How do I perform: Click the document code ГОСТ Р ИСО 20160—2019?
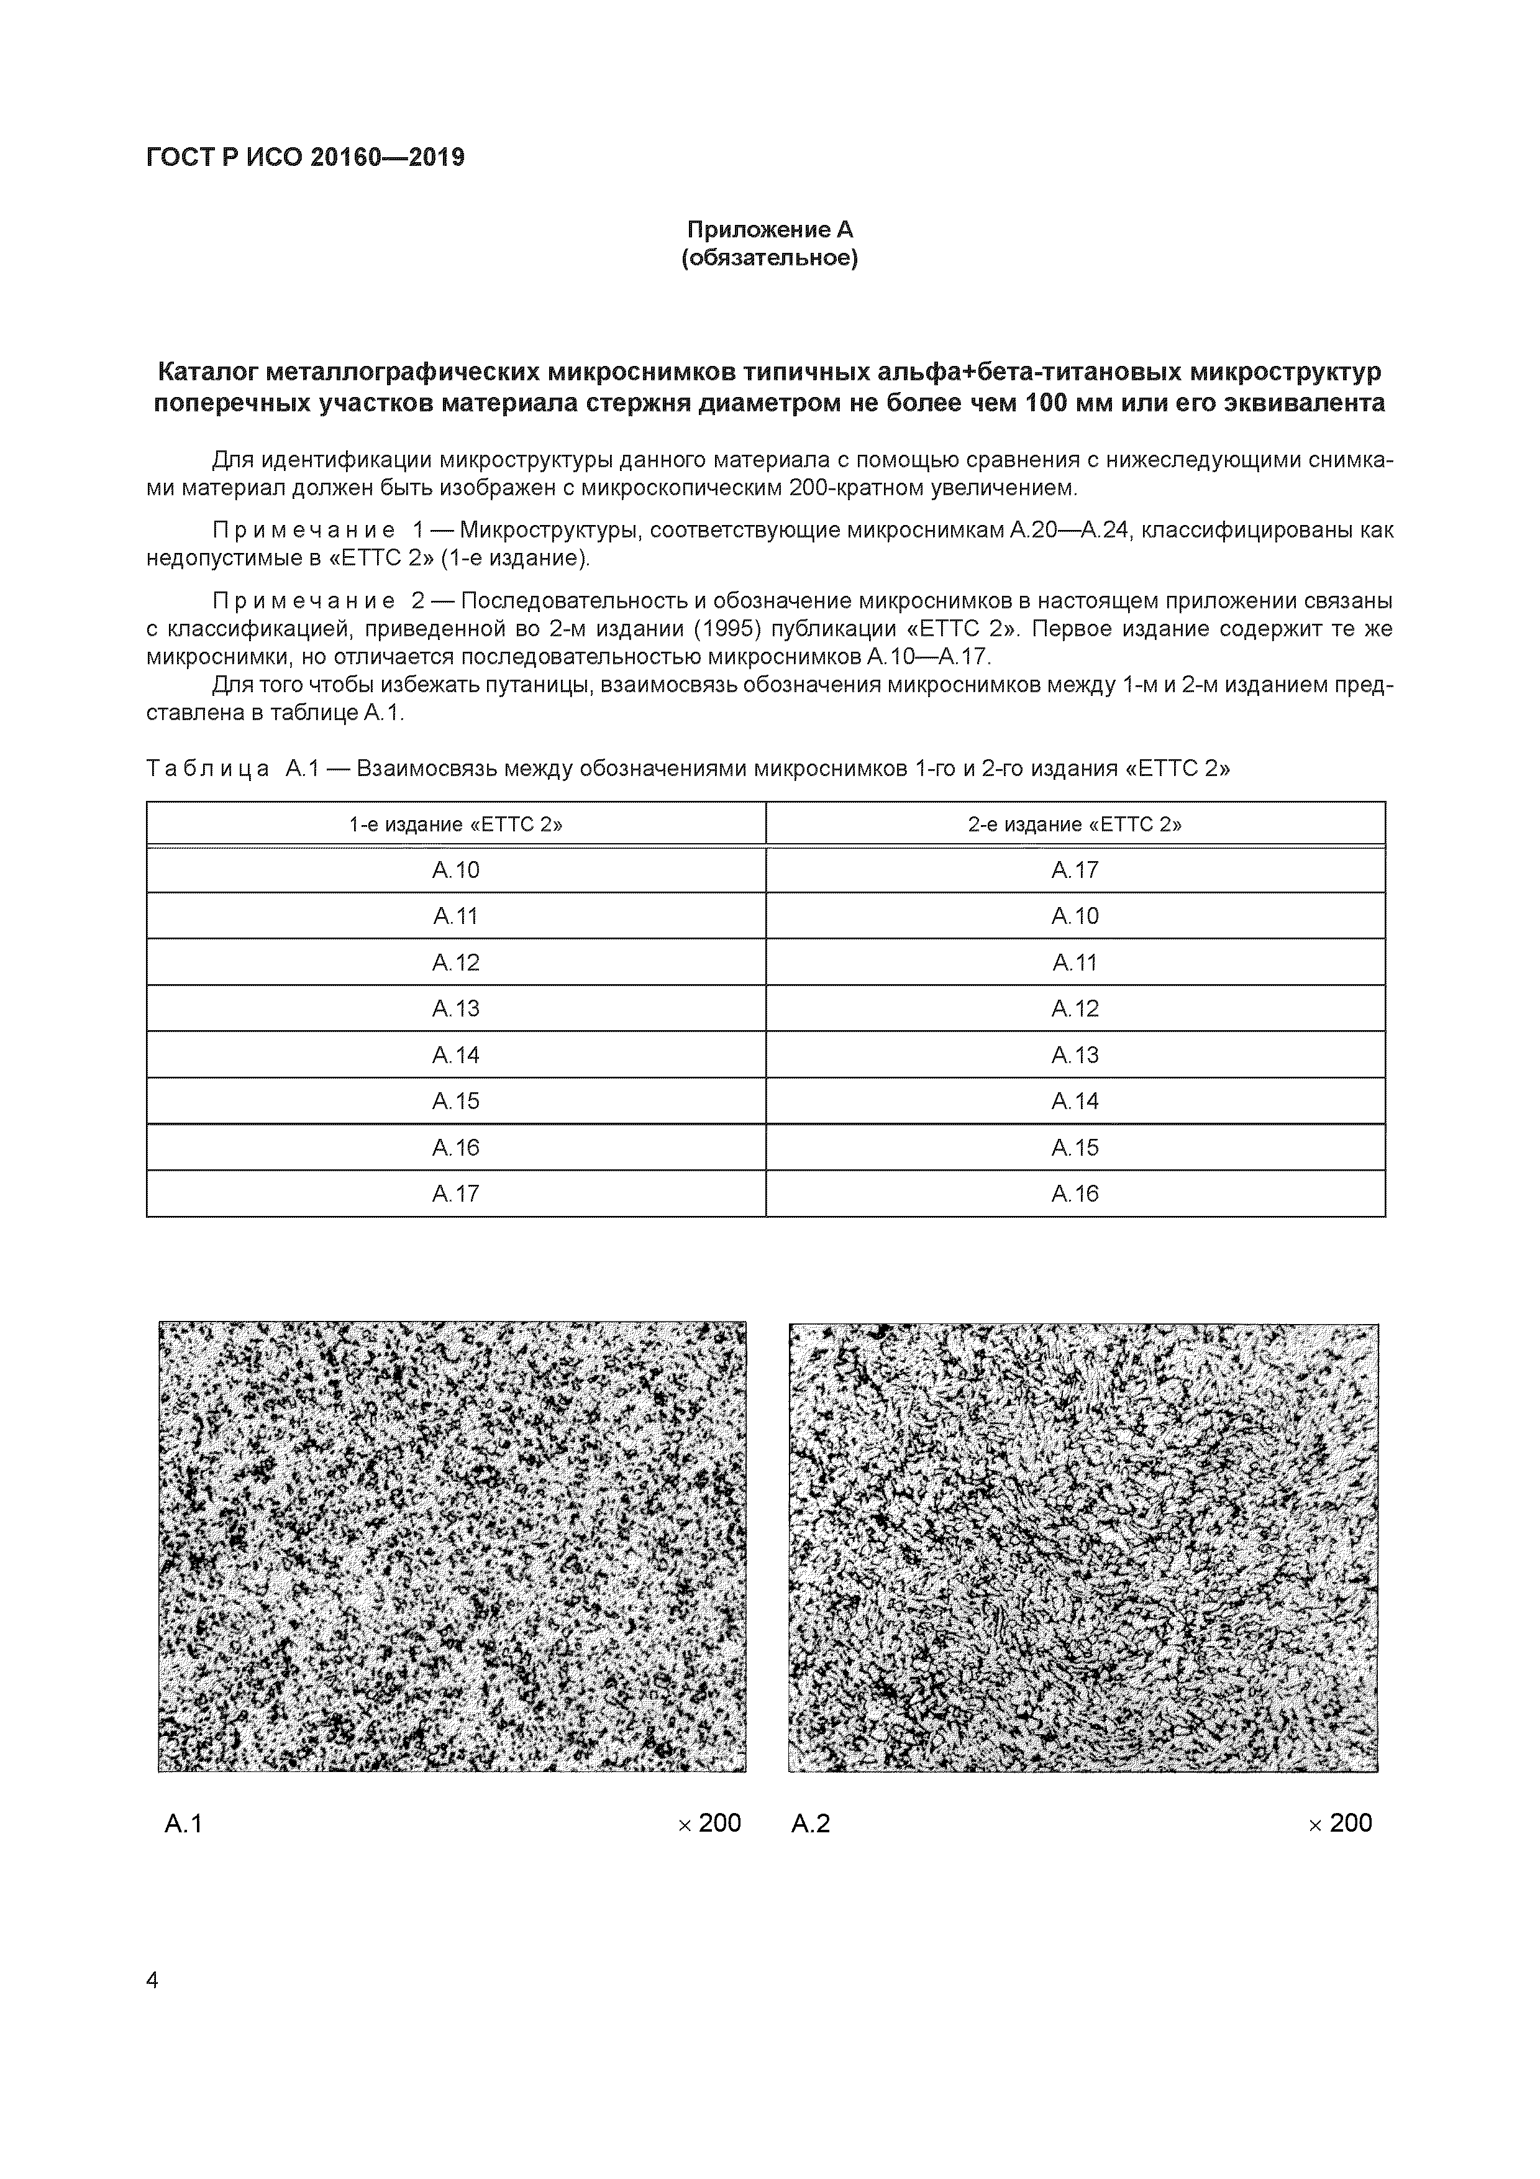[306, 158]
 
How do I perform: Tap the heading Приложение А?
[770, 230]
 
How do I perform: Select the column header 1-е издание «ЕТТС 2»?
[455, 824]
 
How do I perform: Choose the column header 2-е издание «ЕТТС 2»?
[1075, 824]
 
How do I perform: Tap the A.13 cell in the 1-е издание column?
[455, 1009]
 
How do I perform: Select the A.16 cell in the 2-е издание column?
[1075, 1194]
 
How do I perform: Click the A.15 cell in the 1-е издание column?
[455, 1101]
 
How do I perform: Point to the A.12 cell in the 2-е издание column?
[1075, 1009]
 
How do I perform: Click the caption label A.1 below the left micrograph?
[183, 1823]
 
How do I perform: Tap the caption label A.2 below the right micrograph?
[810, 1823]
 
